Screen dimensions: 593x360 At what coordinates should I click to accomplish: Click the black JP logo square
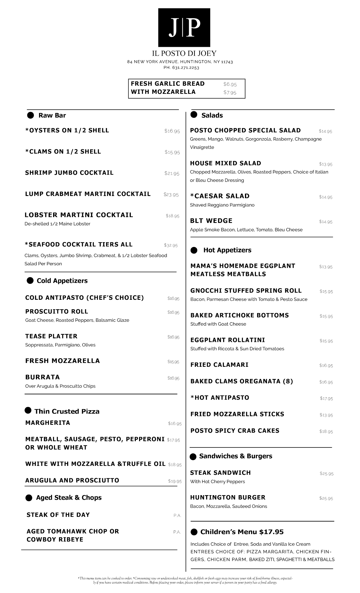[184, 27]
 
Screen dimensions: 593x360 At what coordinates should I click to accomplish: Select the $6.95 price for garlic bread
[230, 84]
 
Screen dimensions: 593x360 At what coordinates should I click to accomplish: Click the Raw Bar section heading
[52, 115]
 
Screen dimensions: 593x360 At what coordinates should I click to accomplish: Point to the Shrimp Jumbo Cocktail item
[69, 173]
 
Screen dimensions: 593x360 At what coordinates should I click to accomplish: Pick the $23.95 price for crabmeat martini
[171, 195]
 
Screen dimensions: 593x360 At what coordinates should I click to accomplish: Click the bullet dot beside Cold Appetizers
[30, 280]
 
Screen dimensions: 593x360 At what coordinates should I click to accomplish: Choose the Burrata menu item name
[42, 377]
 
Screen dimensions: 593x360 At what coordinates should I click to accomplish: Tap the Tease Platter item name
[51, 336]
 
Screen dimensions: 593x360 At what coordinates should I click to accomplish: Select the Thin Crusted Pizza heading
[67, 411]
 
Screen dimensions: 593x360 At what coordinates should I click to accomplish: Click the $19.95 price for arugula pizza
[175, 481]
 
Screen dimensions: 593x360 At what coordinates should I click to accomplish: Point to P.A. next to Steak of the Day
[177, 516]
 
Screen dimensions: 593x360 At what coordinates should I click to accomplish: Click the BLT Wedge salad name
[211, 221]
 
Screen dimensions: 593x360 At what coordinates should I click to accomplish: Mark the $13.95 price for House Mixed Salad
[326, 164]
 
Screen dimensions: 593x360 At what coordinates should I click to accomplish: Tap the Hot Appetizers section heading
[227, 250]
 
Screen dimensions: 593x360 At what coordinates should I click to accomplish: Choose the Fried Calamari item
[219, 365]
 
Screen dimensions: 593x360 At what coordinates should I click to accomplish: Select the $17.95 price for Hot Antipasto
[326, 398]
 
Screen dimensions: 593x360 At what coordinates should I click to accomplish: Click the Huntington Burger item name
[228, 498]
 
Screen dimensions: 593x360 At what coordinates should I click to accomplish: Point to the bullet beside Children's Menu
[194, 532]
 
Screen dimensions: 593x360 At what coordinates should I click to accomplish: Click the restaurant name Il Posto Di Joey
[184, 53]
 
